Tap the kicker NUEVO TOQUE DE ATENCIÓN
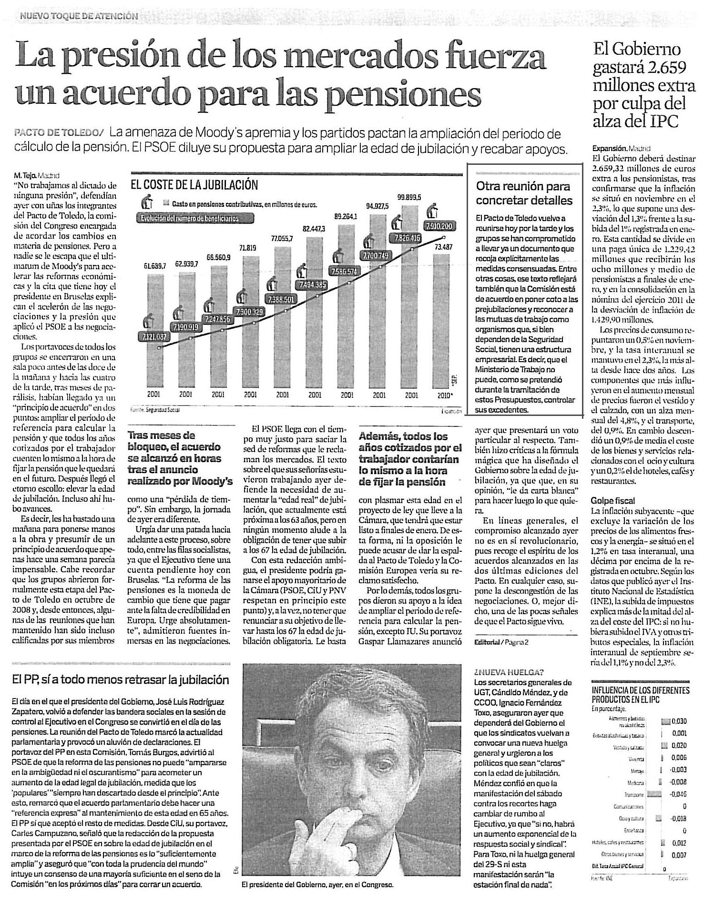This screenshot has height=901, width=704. (x=79, y=16)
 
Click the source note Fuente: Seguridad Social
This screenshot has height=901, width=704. (x=155, y=409)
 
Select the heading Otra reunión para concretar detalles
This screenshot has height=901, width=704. (x=524, y=193)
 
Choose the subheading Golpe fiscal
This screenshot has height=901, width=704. (x=613, y=500)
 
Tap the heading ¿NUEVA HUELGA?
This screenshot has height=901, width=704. (x=509, y=672)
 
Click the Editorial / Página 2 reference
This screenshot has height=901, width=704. (x=501, y=642)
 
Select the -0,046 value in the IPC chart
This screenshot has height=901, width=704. (x=677, y=794)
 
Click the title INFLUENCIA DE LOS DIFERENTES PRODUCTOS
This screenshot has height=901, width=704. (x=640, y=694)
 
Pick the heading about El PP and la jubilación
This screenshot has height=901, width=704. (x=121, y=679)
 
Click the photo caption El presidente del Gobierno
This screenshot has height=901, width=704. (x=317, y=884)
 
